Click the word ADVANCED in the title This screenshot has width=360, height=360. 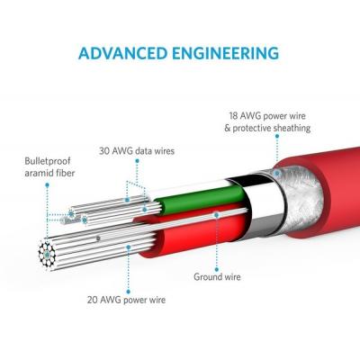coord(122,53)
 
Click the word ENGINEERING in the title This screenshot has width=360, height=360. coord(226,53)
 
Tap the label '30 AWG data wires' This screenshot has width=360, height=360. coord(137,150)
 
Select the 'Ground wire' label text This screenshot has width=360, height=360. coord(217,276)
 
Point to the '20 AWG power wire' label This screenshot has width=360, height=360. coord(126,300)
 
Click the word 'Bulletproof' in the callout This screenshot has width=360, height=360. coord(48,161)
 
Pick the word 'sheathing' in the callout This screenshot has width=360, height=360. coord(292,128)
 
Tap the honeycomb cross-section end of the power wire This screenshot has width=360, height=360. coord(47,255)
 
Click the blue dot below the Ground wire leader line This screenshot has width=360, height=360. coord(217,269)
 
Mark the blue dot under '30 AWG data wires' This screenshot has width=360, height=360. coord(137,161)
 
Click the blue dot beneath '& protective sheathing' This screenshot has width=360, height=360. coord(277,136)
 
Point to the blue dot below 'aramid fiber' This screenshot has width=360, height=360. coord(47,185)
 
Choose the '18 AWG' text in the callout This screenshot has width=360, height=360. coord(242,116)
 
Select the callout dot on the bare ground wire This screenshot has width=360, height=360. coord(217,215)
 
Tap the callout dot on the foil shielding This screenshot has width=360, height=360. coord(277,173)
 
